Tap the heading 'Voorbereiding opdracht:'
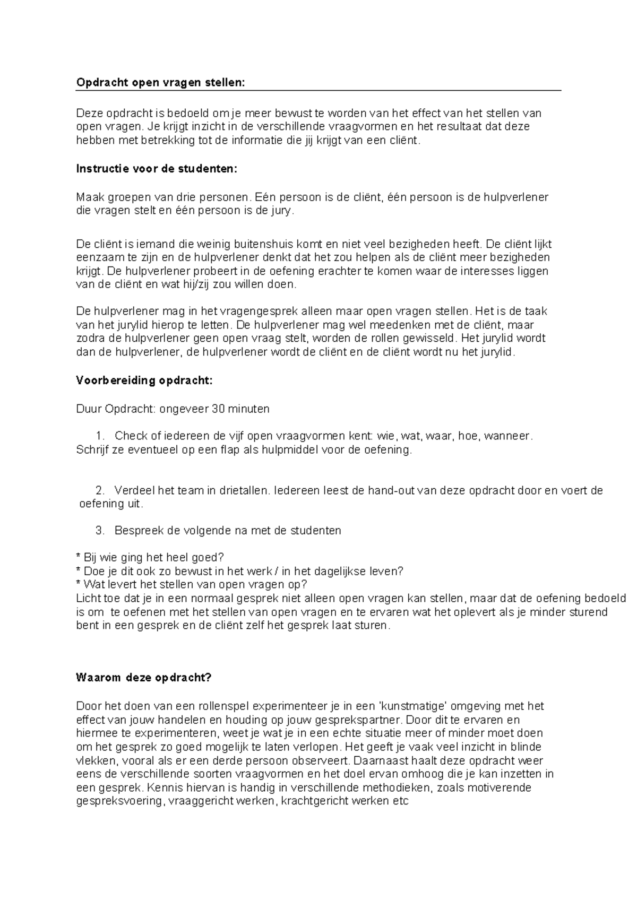pos(144,380)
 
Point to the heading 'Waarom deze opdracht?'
pos(144,678)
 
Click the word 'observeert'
pos(314,760)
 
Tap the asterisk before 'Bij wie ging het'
pos(79,557)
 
